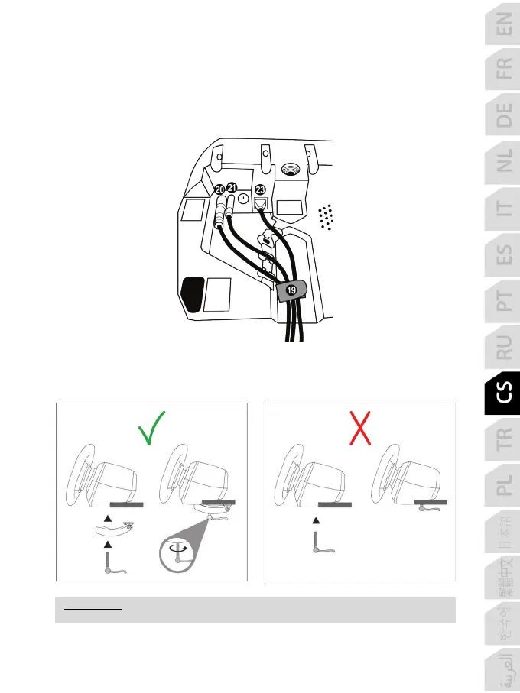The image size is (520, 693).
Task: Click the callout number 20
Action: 219,189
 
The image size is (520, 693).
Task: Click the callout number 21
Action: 232,188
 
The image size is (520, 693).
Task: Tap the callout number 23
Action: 261,189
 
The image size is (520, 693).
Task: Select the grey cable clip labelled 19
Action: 291,290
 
